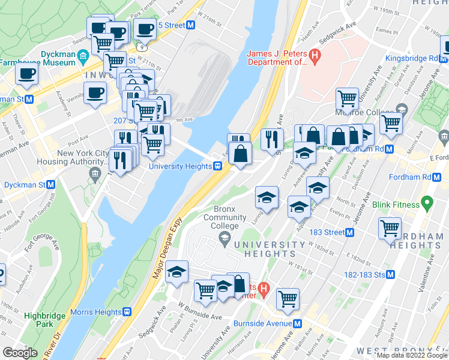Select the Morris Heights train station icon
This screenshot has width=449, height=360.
127,312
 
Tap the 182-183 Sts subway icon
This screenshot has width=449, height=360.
391,274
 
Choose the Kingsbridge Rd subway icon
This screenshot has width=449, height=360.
443,58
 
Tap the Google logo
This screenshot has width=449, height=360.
20,353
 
